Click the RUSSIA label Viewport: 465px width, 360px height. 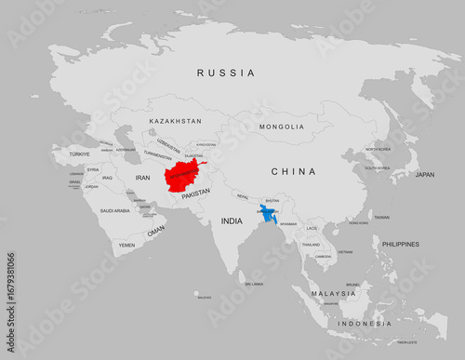tap(226, 73)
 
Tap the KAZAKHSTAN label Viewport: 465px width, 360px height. tap(175, 121)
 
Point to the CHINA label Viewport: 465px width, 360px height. tap(293, 171)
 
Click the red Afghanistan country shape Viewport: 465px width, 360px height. tap(182, 176)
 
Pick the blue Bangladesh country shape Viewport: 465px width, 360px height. tap(267, 214)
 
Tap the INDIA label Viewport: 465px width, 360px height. tap(231, 221)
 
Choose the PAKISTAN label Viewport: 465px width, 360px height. tap(195, 194)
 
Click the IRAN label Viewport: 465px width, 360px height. tap(142, 177)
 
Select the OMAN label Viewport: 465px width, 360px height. tap(155, 230)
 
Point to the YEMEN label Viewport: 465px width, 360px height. tap(126, 245)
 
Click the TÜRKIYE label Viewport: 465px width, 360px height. tap(79, 153)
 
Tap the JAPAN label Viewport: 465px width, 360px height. tap(424, 174)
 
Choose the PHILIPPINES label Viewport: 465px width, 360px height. tap(400, 244)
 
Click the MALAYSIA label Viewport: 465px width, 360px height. tap(333, 293)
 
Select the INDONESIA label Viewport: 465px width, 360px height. tap(365, 323)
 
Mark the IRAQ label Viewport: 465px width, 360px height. tap(107, 177)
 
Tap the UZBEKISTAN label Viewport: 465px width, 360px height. tap(168, 145)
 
